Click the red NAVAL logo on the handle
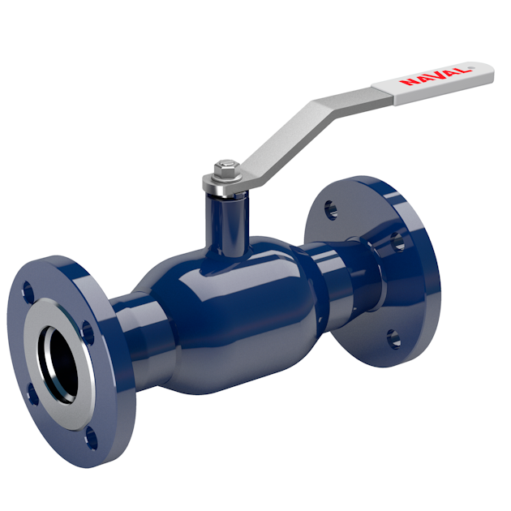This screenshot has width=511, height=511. [434, 75]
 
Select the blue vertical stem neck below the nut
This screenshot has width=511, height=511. [226, 219]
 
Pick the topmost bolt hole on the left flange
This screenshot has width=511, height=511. [30, 289]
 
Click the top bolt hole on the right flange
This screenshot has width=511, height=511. [331, 210]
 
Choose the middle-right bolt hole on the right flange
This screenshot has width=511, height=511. [397, 242]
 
